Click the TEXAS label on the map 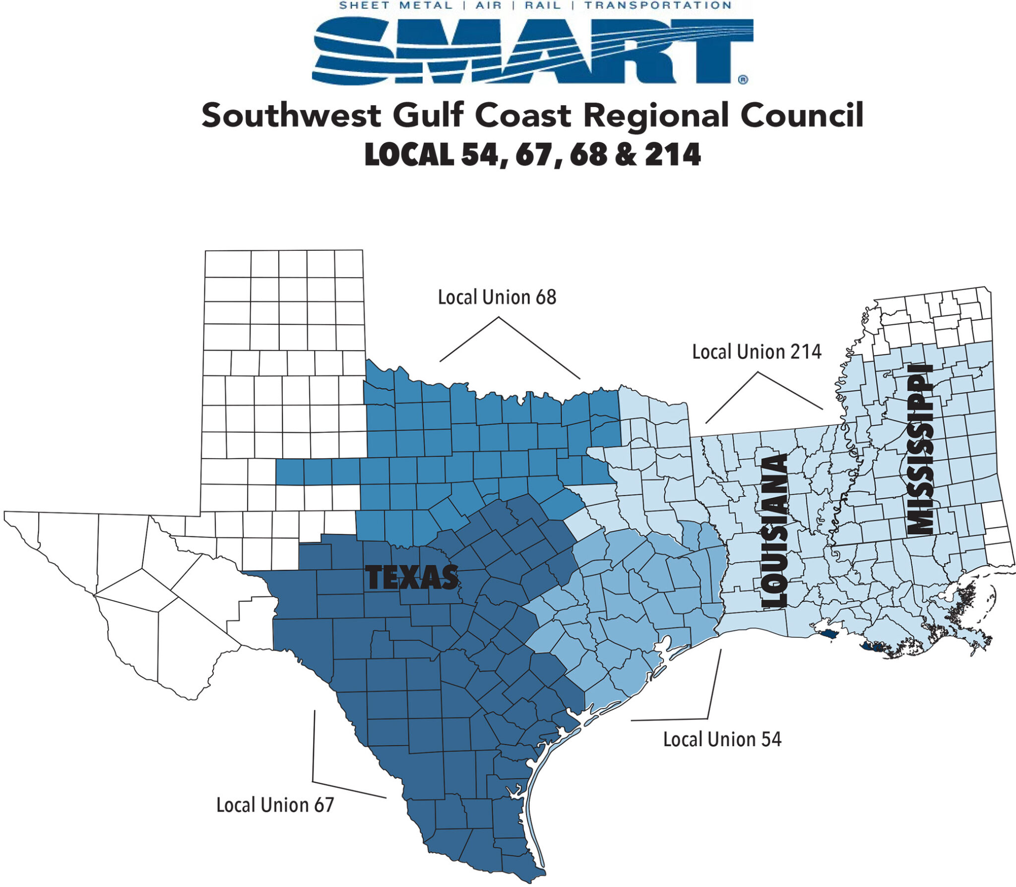(x=412, y=578)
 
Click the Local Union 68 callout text (x=497, y=297)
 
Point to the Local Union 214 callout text (x=757, y=352)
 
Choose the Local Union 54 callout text (x=722, y=740)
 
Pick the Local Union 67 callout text (x=275, y=805)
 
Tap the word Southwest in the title (x=291, y=116)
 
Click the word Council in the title (x=802, y=115)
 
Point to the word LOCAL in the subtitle (x=409, y=155)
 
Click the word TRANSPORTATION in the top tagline (x=658, y=5)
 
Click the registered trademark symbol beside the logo (x=743, y=79)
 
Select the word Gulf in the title (x=428, y=115)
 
